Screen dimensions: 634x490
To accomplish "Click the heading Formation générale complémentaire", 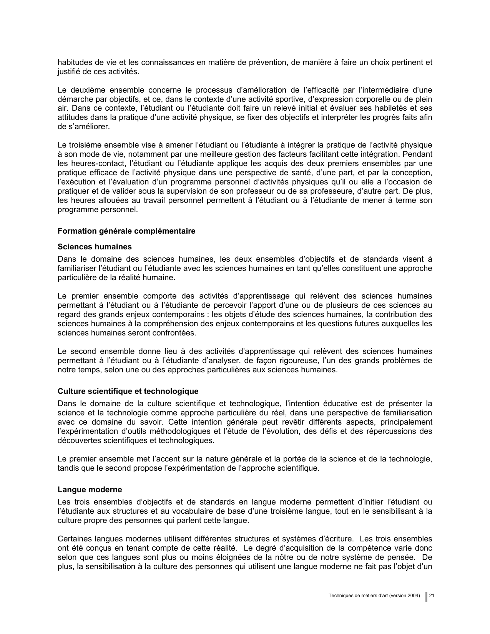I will (x=126, y=231).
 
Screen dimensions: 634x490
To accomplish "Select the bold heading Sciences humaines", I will (x=95, y=247).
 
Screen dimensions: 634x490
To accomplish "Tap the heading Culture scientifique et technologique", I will (x=128, y=391).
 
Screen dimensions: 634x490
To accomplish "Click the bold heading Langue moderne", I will (x=90, y=490).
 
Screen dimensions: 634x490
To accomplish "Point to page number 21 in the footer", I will (x=432, y=596).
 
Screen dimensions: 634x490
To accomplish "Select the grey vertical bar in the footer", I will (x=426, y=597).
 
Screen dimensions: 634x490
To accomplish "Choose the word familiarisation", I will (x=407, y=413).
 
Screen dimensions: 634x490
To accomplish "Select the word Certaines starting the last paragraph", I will (x=73, y=539).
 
